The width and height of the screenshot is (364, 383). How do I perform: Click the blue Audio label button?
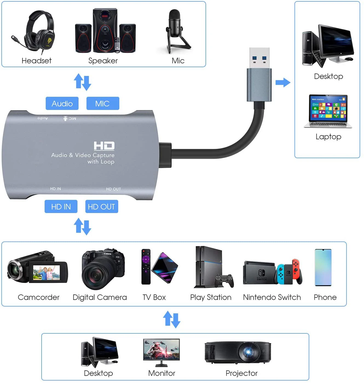click(x=62, y=103)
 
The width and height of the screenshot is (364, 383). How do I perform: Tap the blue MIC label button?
click(x=103, y=103)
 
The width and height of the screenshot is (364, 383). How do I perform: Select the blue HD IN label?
click(x=61, y=206)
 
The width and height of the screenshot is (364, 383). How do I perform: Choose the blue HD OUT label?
click(x=102, y=206)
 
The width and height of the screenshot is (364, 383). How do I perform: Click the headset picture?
click(x=37, y=32)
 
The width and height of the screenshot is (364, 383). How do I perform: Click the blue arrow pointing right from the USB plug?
click(x=283, y=82)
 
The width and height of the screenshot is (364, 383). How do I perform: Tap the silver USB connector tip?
click(x=259, y=58)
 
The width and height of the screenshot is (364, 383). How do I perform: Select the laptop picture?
click(x=328, y=111)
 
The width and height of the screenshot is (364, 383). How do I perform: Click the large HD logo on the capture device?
click(x=104, y=146)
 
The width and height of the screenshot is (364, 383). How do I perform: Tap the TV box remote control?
click(x=146, y=266)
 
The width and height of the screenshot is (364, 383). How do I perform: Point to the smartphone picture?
click(x=323, y=267)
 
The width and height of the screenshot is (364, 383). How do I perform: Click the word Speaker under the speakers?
click(x=103, y=61)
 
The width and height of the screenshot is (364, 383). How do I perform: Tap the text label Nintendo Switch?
click(x=272, y=297)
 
